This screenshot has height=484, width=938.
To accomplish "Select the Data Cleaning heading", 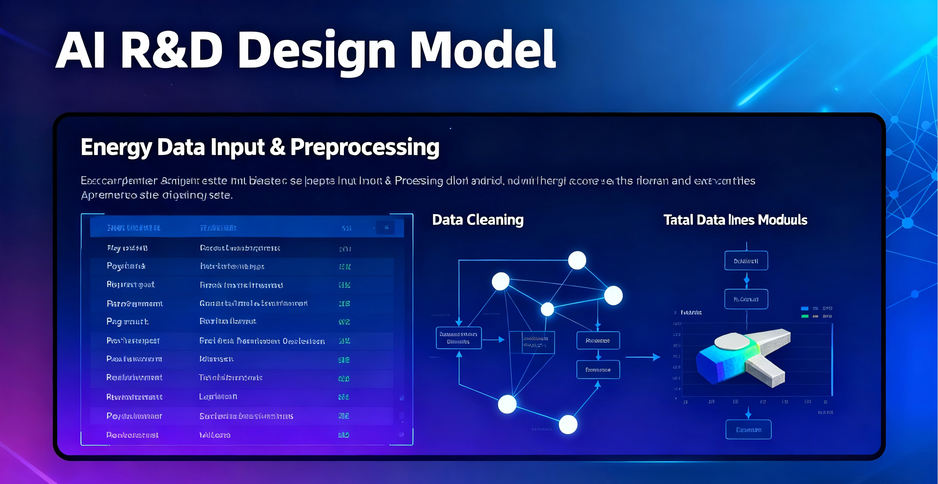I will click(x=477, y=220).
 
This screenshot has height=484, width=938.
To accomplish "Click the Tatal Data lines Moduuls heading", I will click(x=735, y=220).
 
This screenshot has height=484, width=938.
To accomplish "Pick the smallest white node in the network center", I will click(x=547, y=309).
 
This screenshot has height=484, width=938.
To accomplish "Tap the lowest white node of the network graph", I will click(x=568, y=425).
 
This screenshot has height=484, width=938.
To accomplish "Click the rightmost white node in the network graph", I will click(x=613, y=295).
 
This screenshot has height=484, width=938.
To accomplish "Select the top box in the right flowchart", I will click(x=746, y=261).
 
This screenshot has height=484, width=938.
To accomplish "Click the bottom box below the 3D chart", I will click(x=748, y=430).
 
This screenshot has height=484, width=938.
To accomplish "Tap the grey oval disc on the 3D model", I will click(x=732, y=342).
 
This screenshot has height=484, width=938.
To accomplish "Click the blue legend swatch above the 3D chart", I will click(x=805, y=308).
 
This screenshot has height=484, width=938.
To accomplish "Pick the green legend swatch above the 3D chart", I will click(x=805, y=316).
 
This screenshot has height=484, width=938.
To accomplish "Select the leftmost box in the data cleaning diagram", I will click(x=458, y=338).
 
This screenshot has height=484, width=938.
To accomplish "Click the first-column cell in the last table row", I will click(x=132, y=435).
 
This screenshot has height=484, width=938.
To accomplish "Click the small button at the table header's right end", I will click(x=386, y=228).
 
